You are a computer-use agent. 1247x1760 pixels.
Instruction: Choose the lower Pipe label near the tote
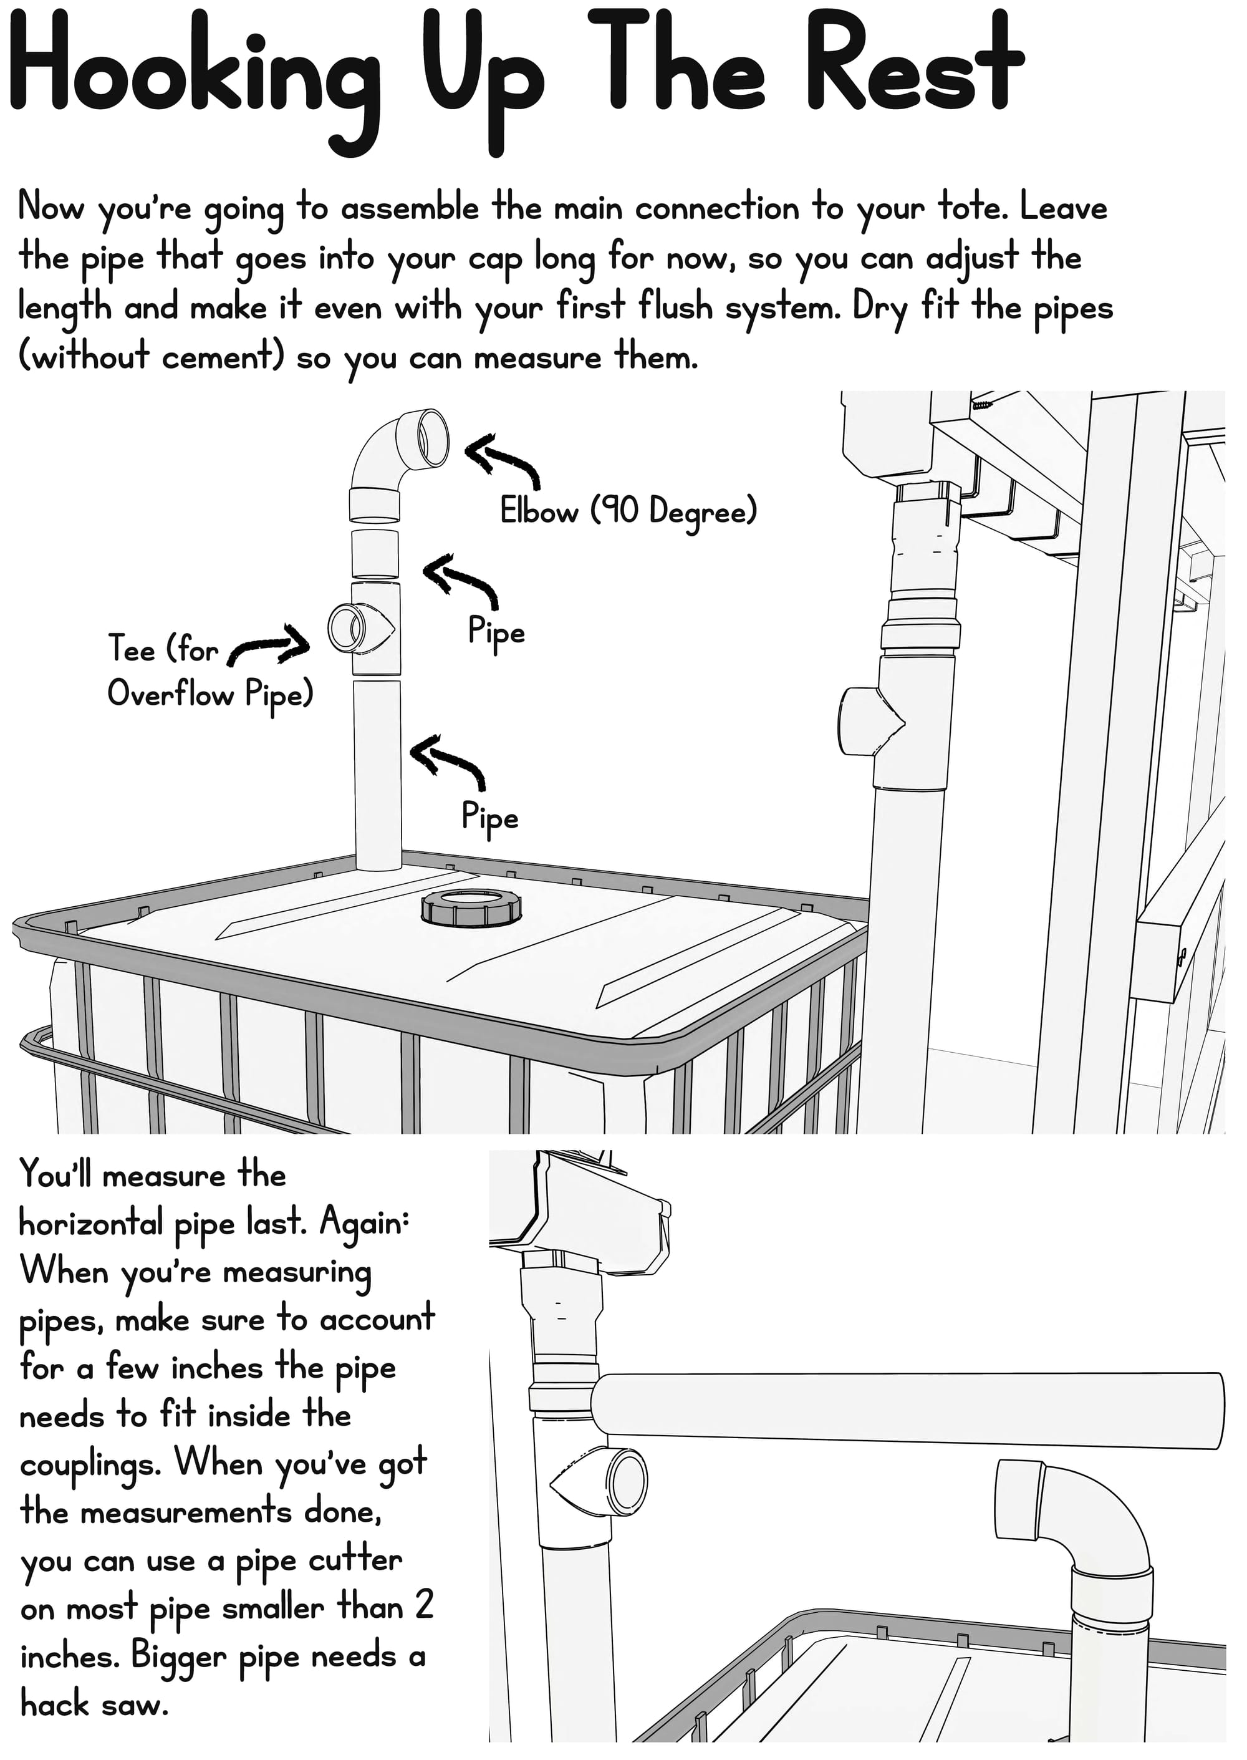(489, 817)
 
